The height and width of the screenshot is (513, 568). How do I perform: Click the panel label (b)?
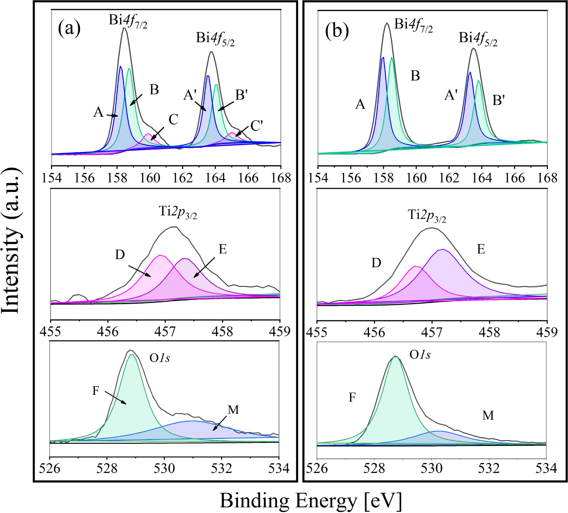pos(337,31)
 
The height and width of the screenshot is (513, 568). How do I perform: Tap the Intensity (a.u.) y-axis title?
pos(12,240)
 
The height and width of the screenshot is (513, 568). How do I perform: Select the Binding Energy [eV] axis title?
pos(310,501)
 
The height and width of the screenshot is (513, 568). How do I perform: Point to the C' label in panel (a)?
pos(256,126)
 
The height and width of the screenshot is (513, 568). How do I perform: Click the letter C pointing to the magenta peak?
pos(173,120)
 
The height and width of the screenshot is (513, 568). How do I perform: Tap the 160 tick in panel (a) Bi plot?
pos(150,178)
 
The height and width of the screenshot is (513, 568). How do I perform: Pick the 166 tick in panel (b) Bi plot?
pos(515,178)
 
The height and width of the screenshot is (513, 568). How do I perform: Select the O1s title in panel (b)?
pos(420,355)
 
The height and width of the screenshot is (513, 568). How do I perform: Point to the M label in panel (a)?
pos(233,410)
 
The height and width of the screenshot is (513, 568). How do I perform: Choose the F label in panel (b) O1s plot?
pos(352,397)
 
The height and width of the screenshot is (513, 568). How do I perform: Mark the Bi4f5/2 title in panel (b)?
pos(478,39)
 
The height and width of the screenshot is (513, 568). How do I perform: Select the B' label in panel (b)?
pos(499,101)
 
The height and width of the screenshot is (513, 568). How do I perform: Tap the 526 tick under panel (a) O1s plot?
pos(50,468)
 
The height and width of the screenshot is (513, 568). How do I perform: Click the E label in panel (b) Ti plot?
pos(481,249)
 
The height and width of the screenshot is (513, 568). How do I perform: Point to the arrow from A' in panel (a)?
pos(200,106)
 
